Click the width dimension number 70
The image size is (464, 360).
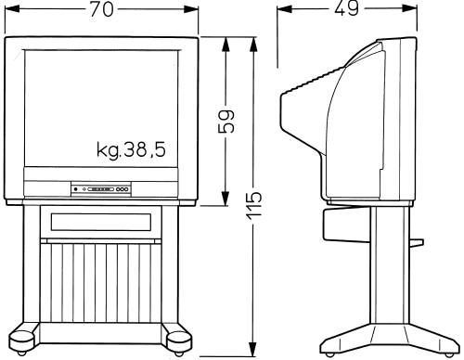[102, 9]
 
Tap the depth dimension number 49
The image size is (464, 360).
[347, 8]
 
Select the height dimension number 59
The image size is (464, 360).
[226, 121]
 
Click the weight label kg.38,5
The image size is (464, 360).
[131, 150]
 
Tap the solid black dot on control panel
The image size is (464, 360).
[76, 189]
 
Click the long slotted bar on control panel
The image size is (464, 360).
[101, 189]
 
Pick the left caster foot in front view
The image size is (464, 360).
[21, 341]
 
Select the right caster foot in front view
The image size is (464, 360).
[179, 342]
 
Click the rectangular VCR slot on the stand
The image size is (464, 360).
[101, 222]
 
